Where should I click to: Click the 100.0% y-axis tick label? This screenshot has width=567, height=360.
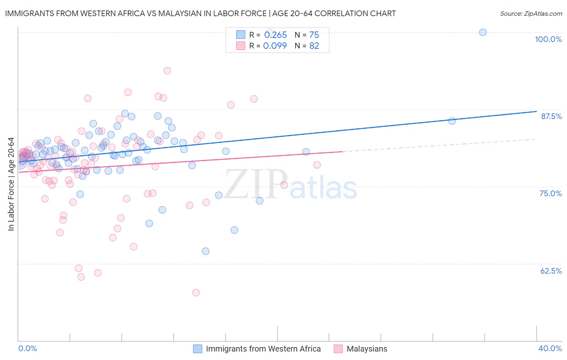pos(548,39)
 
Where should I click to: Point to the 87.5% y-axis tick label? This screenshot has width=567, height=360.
pos(551,116)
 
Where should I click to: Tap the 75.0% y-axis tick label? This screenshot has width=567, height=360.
pos(550,193)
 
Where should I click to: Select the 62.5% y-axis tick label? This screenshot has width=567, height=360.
pos(551,271)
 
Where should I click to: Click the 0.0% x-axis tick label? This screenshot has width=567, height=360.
pos(27,348)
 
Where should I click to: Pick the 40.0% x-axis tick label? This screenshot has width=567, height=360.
pos(550,348)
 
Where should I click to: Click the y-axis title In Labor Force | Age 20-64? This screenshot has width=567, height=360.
pos(11,184)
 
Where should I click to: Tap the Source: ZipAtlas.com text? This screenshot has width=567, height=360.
pos(531,13)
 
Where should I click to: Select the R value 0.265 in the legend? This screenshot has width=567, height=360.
pos(275,35)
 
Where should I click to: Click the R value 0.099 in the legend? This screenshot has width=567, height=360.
pos(275,46)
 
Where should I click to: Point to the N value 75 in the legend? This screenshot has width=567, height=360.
pos(314,35)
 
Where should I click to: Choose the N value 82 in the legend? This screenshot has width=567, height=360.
pos(314,46)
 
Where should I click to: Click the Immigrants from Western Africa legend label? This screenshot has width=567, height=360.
pos(263,349)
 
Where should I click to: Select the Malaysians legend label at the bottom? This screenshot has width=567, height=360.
pos(367,349)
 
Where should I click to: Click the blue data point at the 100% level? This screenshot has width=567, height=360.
pos(483,32)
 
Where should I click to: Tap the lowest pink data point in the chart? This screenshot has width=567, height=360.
pos(196,293)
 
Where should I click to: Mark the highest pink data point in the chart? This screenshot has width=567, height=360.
pos(167,71)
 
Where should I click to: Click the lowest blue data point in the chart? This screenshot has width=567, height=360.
pos(206,251)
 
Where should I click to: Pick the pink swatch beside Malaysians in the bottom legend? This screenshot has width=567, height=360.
pos(338,349)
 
